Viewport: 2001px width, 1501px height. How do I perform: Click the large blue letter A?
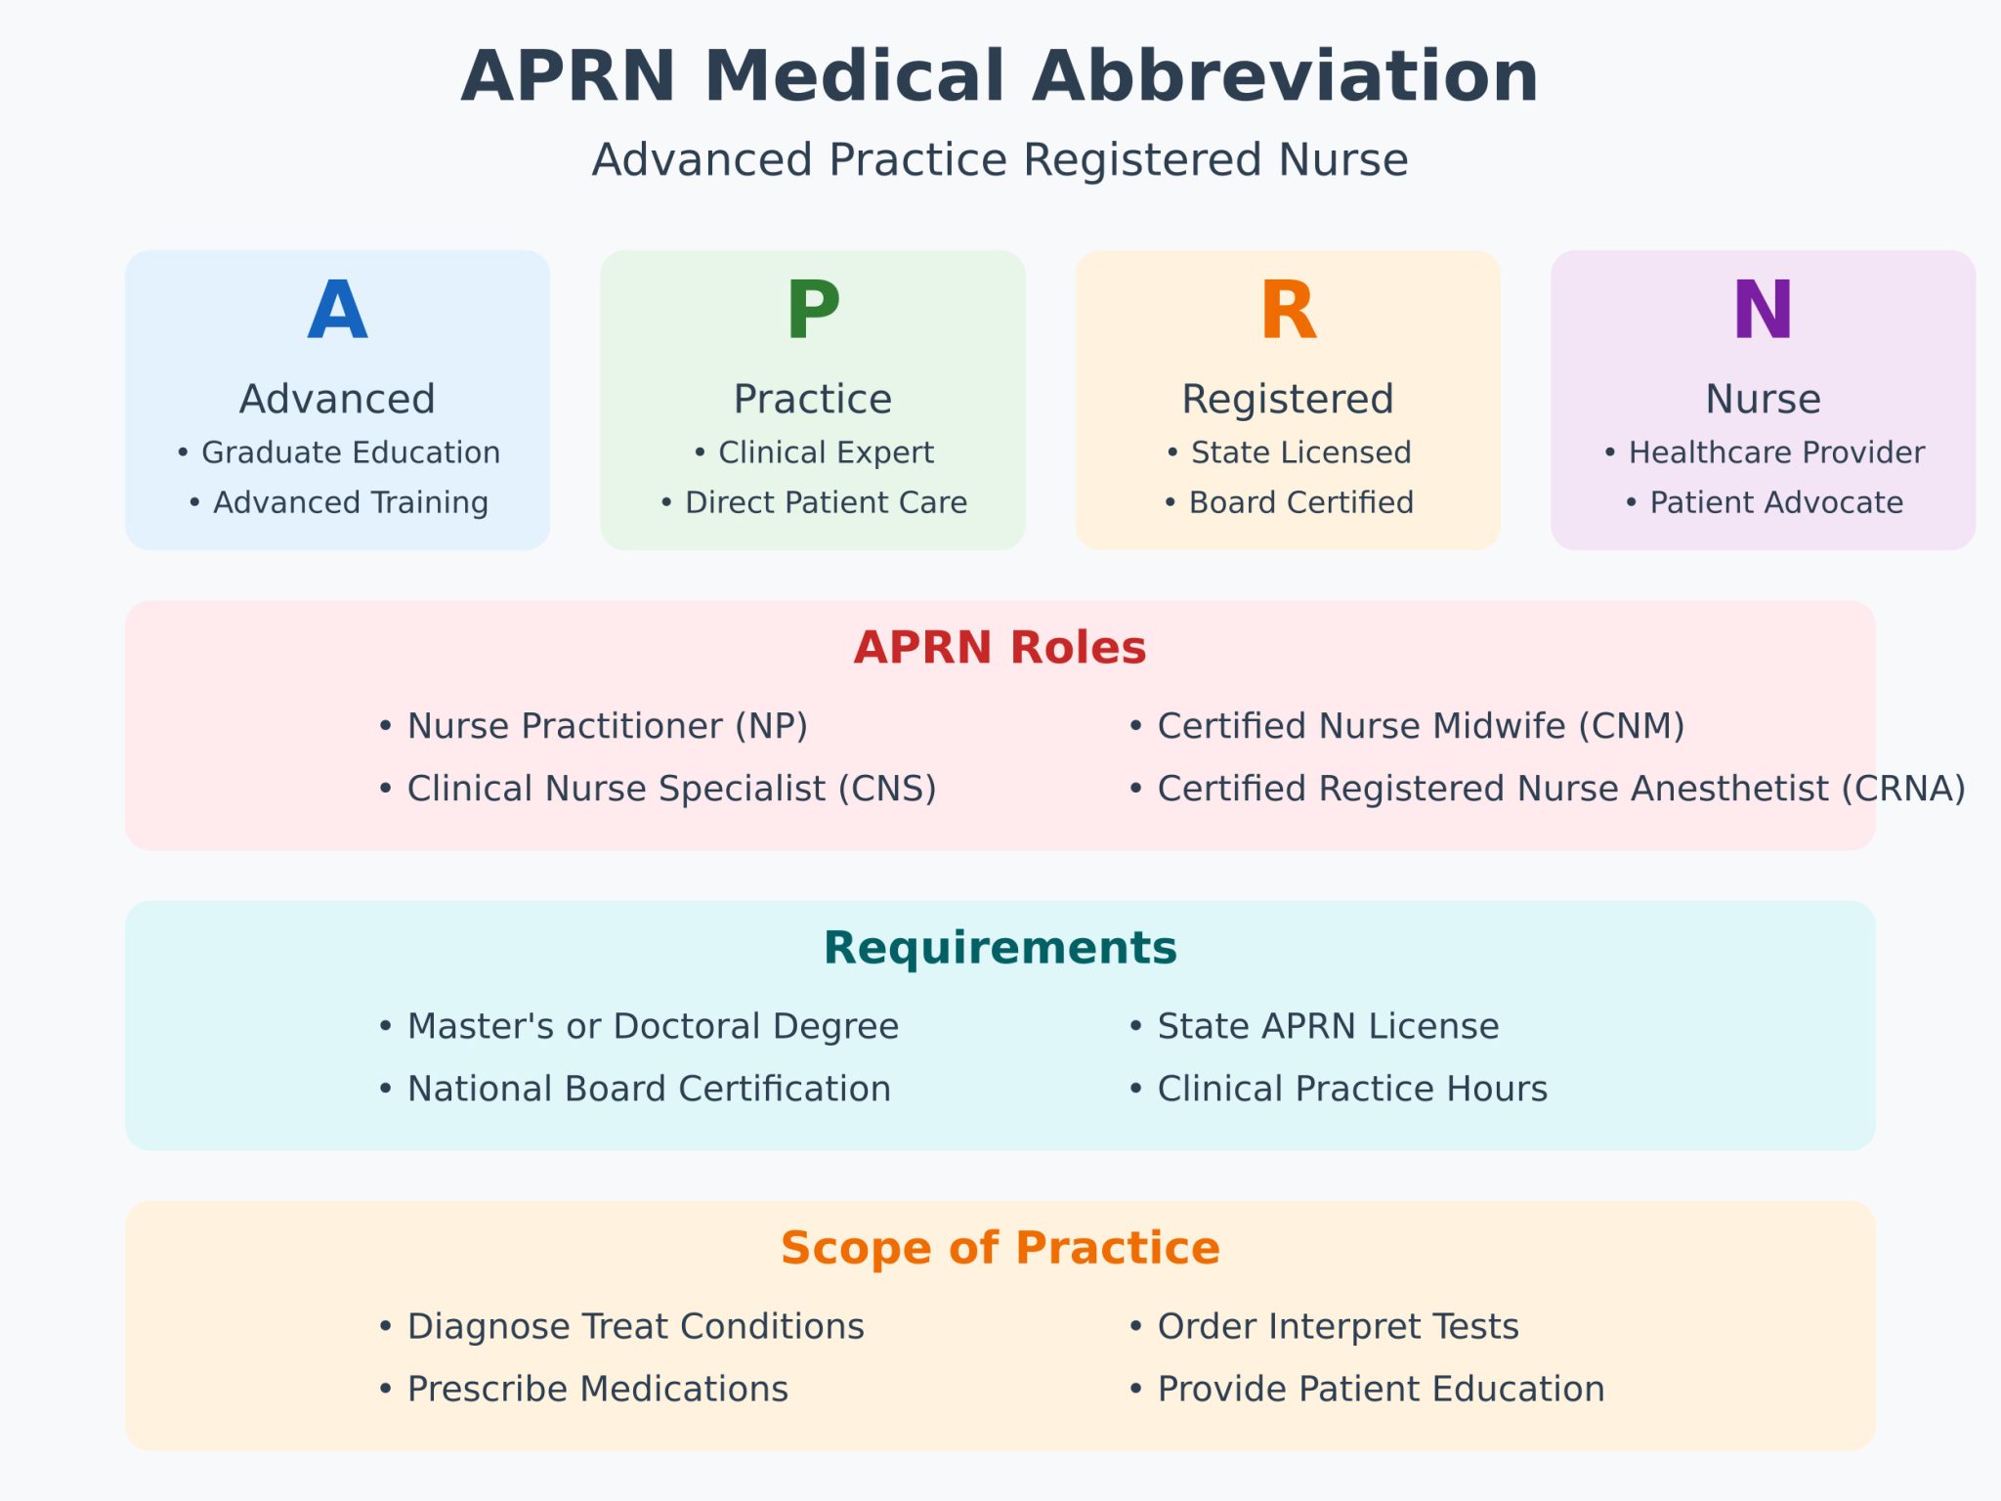[x=337, y=311]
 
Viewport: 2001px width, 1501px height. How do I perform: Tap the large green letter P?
[x=813, y=311]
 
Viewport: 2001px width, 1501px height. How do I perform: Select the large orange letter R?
[x=1288, y=311]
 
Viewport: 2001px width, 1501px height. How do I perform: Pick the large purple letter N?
[x=1763, y=311]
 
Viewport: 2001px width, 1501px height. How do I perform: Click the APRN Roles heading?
[x=1000, y=648]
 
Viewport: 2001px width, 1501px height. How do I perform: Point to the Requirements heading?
[x=1000, y=948]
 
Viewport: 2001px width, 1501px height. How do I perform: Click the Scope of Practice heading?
[x=1000, y=1248]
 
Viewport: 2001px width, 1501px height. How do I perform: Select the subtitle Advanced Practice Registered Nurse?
[x=1000, y=159]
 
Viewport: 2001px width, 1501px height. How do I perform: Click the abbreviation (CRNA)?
[x=1903, y=789]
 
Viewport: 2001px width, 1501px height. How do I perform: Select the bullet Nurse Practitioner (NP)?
[x=594, y=726]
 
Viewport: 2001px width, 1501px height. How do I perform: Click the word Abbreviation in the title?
[x=1285, y=76]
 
